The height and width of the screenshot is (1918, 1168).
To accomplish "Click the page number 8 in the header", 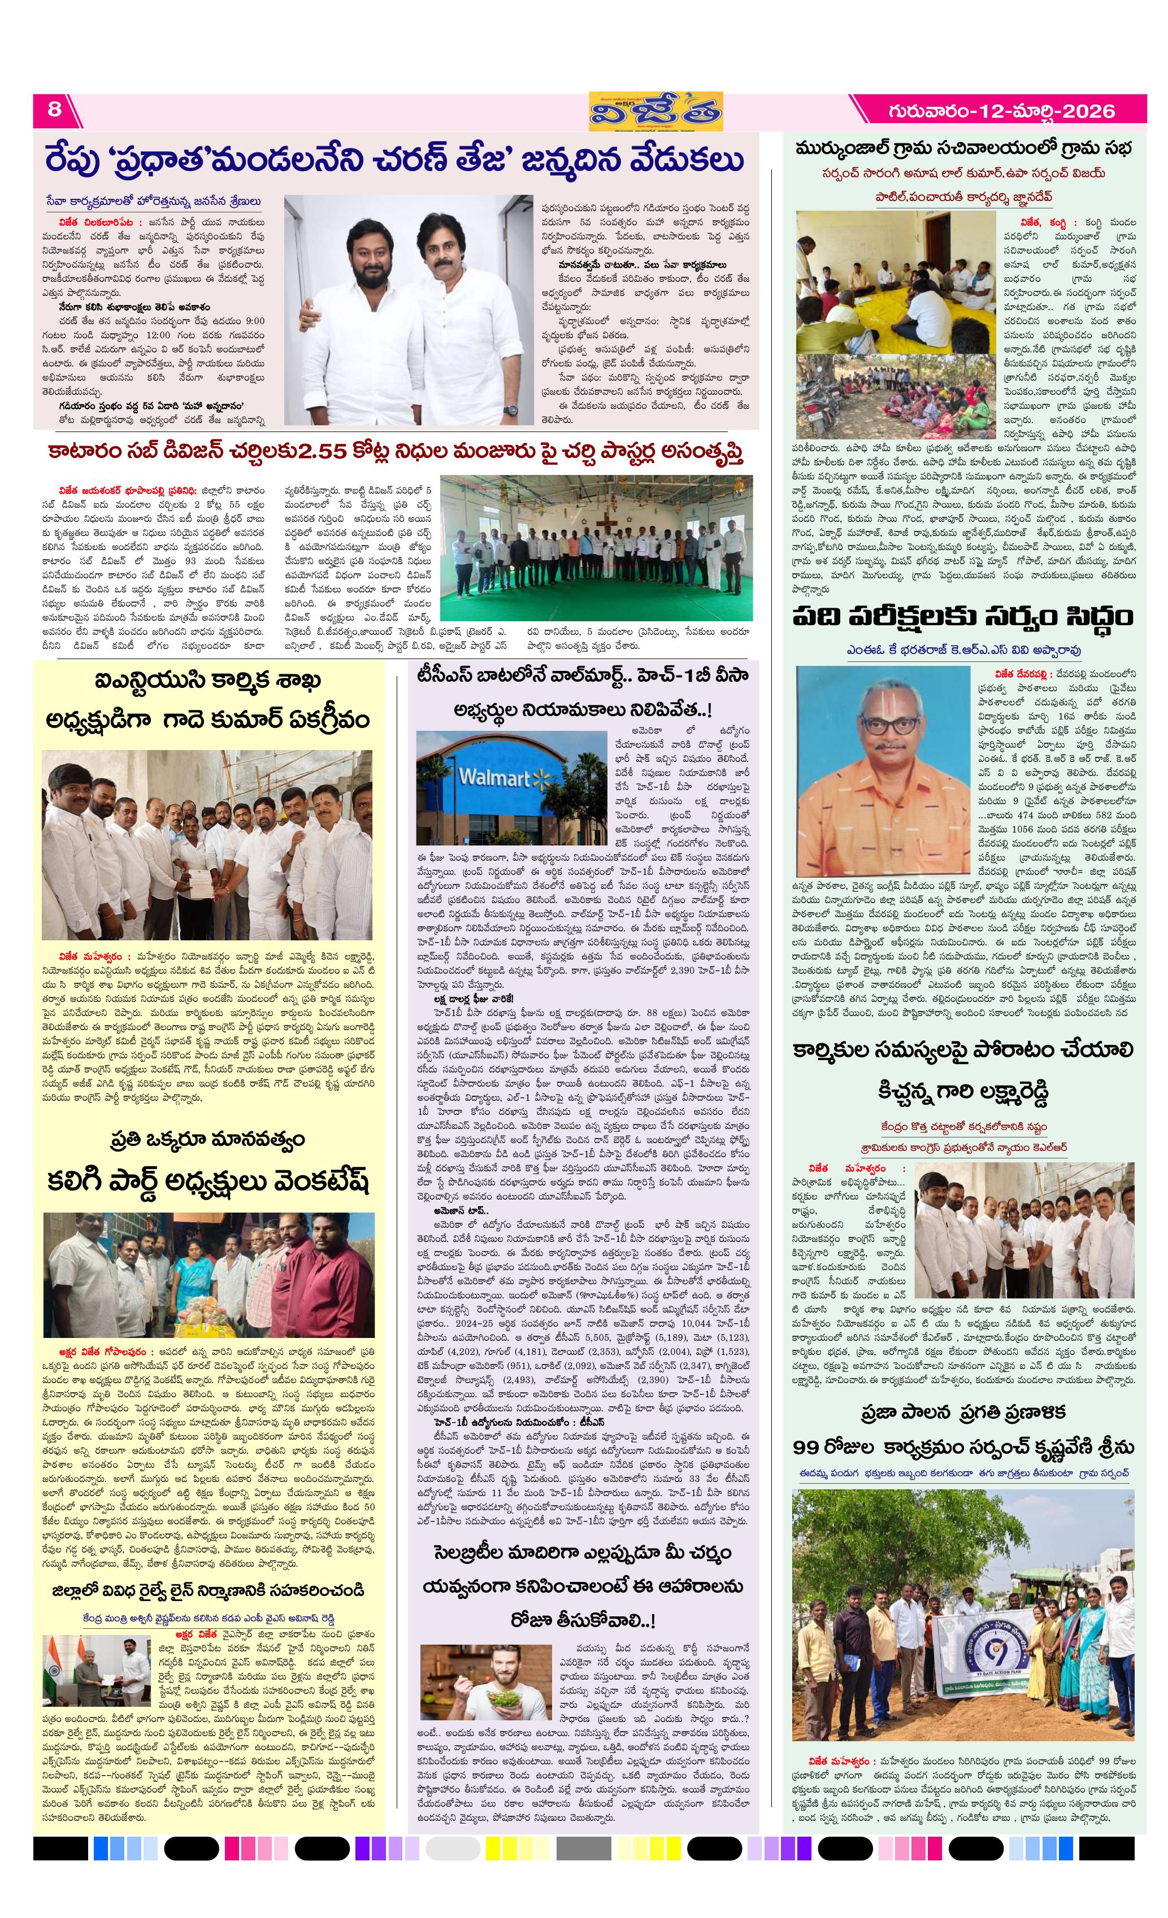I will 54,109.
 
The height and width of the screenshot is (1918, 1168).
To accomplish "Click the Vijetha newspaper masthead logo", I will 655,111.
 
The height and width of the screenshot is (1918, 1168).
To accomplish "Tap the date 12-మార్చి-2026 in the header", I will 1001,111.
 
